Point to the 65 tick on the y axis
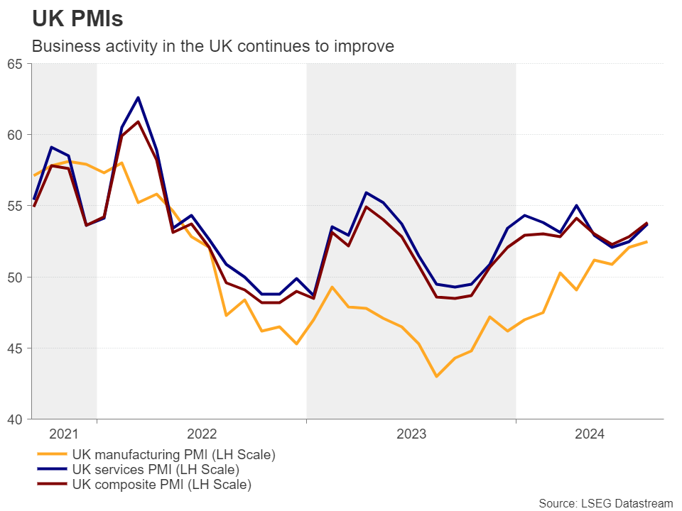tap(15, 64)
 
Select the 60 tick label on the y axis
tap(15, 135)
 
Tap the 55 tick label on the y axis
tap(15, 206)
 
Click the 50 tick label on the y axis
tap(15, 277)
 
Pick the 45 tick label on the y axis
tap(15, 348)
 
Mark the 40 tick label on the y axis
tap(15, 419)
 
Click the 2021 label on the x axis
tap(65, 434)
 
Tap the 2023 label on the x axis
tap(411, 434)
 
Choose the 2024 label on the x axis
tap(589, 434)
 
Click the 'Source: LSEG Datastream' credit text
tap(605, 503)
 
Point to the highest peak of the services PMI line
tap(138, 97)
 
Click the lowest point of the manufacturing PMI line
tap(436, 376)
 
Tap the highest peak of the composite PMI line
tap(138, 121)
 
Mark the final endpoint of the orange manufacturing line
tap(646, 242)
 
